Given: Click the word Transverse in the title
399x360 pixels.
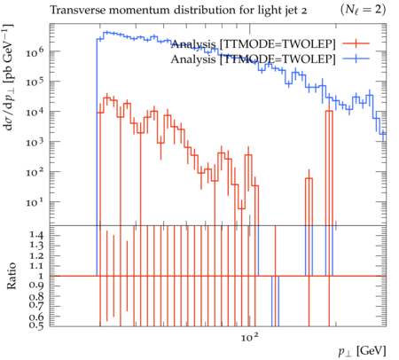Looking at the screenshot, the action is coord(77,11).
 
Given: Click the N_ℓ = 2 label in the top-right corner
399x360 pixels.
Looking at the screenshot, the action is coord(363,10).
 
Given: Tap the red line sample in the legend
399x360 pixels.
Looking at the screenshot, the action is coord(356,43).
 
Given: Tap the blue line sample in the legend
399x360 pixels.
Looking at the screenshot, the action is coord(356,59).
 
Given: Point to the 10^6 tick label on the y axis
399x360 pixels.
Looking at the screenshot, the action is coord(35,52).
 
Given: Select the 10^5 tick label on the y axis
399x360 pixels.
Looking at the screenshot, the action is coord(35,82).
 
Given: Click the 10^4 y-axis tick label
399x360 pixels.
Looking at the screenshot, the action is coord(35,112).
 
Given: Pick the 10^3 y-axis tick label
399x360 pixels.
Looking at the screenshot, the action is coord(35,142).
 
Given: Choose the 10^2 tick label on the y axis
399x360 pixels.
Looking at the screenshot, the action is coord(35,172).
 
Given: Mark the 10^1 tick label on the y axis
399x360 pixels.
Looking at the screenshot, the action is coord(35,202).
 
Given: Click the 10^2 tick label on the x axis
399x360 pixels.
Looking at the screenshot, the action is coord(250,337).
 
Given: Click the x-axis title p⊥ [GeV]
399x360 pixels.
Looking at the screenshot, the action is coord(363,351).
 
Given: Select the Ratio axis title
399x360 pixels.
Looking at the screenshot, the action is coord(12,276).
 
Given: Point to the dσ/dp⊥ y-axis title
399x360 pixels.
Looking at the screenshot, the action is coord(8,77).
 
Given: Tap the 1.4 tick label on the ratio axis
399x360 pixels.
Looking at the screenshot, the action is coord(36,236).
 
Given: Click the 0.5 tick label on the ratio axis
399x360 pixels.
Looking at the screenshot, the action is coord(36,325).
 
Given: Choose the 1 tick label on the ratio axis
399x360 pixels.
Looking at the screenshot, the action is coord(41,276).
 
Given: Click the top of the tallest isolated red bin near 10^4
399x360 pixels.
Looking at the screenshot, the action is coord(329,111).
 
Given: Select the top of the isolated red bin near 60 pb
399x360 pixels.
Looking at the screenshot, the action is coord(309,178).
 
